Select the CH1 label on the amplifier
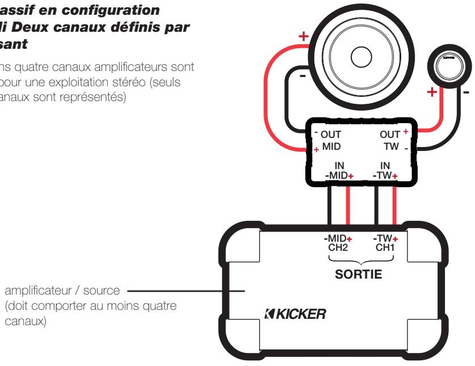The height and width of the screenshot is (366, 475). click(385, 247)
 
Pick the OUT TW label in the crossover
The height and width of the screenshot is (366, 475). click(390, 141)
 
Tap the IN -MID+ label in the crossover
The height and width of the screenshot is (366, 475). click(339, 171)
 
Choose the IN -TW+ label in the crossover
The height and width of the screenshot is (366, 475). click(385, 171)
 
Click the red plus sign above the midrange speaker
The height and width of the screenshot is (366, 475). click(303, 36)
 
